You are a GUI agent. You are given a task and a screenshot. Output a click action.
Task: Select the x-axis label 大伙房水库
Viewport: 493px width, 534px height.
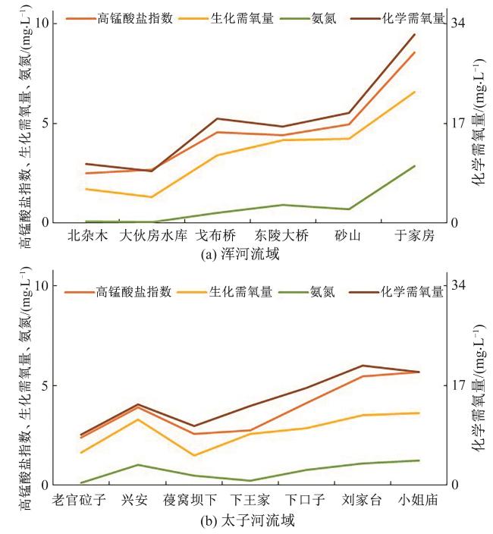(x=152, y=236)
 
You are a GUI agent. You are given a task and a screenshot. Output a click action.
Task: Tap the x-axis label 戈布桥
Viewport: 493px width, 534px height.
(x=218, y=236)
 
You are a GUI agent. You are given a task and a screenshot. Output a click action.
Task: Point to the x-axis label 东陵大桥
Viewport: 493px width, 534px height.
(x=282, y=236)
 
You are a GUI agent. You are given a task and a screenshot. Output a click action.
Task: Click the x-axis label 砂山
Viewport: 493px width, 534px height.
(x=348, y=236)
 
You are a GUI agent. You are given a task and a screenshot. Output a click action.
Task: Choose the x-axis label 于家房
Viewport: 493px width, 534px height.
(x=414, y=236)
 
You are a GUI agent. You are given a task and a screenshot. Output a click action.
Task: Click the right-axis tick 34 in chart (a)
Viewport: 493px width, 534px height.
(x=458, y=23)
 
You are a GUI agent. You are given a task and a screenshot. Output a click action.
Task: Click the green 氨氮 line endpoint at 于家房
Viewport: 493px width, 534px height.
(x=415, y=165)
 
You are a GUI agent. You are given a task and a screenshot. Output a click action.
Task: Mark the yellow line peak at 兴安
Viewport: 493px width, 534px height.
(x=137, y=419)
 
